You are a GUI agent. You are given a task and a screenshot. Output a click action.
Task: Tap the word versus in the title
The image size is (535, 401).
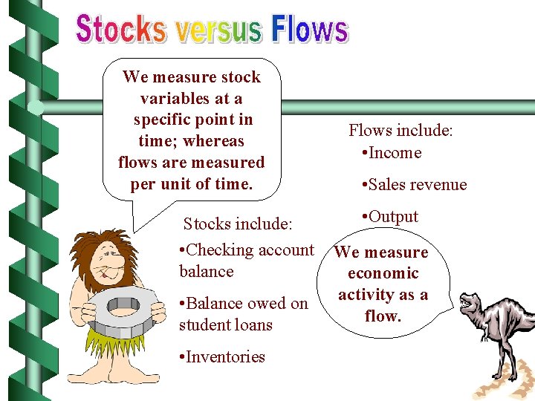pos(218,31)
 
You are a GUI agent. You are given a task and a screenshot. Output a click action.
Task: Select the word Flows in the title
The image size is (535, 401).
pos(309,30)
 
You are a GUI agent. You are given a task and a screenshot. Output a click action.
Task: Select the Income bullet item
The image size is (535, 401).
pos(391,153)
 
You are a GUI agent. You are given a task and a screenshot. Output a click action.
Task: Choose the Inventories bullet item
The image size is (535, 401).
pos(222,356)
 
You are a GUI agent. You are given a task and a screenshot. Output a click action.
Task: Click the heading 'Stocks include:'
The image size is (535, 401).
pos(238,224)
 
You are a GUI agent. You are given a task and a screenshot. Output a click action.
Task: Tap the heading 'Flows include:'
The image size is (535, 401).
pos(401,131)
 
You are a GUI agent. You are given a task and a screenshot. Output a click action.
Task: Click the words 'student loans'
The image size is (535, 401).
pos(225,325)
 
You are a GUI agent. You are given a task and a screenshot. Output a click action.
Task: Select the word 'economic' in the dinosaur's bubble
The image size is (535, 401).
pos(383,273)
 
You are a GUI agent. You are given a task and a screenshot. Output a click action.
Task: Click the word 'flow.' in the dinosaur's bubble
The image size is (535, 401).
pos(383,316)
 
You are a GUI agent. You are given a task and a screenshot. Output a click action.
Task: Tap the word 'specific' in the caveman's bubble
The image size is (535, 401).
pos(162,120)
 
